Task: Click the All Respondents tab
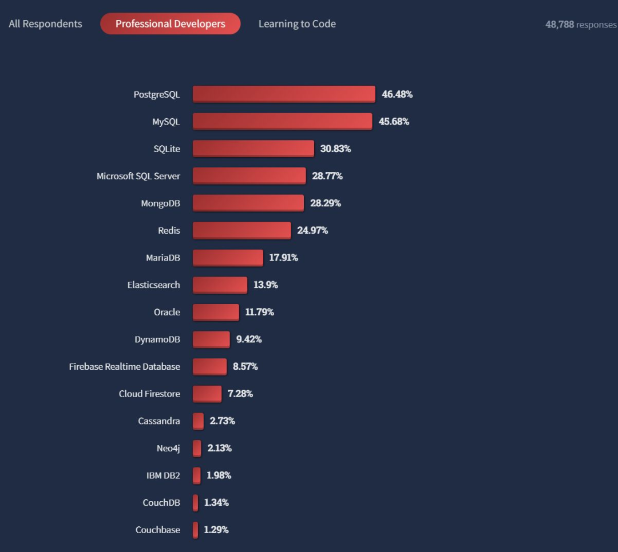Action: [45, 24]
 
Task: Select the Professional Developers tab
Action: [170, 24]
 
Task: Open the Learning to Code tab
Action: [297, 24]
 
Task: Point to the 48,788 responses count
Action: [580, 25]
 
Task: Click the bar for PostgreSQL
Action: [284, 94]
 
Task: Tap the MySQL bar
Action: [282, 121]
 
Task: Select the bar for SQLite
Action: [253, 149]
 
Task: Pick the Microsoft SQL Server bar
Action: [249, 176]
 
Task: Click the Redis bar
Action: [241, 230]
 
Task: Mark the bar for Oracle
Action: [216, 312]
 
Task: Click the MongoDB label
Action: [160, 203]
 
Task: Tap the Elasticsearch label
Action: [153, 285]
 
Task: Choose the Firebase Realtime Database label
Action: [124, 366]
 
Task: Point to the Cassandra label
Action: [159, 421]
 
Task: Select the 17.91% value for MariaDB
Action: [283, 258]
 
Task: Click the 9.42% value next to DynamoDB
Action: [249, 339]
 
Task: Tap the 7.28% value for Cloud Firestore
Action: [240, 394]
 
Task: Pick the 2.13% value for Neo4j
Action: [219, 448]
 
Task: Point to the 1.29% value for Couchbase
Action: [216, 530]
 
